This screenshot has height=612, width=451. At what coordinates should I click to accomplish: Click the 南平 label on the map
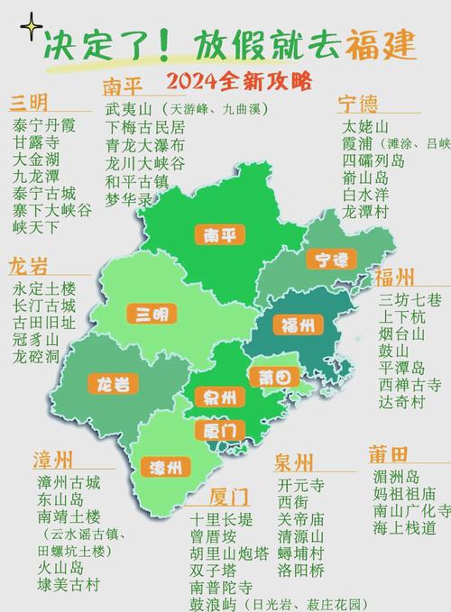[x=219, y=236]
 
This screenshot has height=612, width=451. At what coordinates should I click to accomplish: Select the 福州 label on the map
[x=297, y=325]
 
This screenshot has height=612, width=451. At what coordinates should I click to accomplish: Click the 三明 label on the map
[x=152, y=315]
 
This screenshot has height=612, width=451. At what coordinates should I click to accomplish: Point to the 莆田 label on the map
[x=272, y=377]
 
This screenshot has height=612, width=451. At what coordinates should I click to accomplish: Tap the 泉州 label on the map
[x=218, y=397]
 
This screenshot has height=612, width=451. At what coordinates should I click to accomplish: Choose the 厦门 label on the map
[x=219, y=430]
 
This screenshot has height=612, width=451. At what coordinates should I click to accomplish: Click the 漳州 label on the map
[x=166, y=467]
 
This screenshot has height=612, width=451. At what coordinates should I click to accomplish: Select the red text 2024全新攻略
[x=239, y=83]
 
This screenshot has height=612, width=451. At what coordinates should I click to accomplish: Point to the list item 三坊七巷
[x=410, y=299]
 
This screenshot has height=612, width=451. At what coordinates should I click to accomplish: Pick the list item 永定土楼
[x=43, y=289]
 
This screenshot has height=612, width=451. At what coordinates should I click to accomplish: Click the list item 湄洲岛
[x=395, y=477]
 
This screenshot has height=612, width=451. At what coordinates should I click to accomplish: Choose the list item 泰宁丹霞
[x=44, y=126]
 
